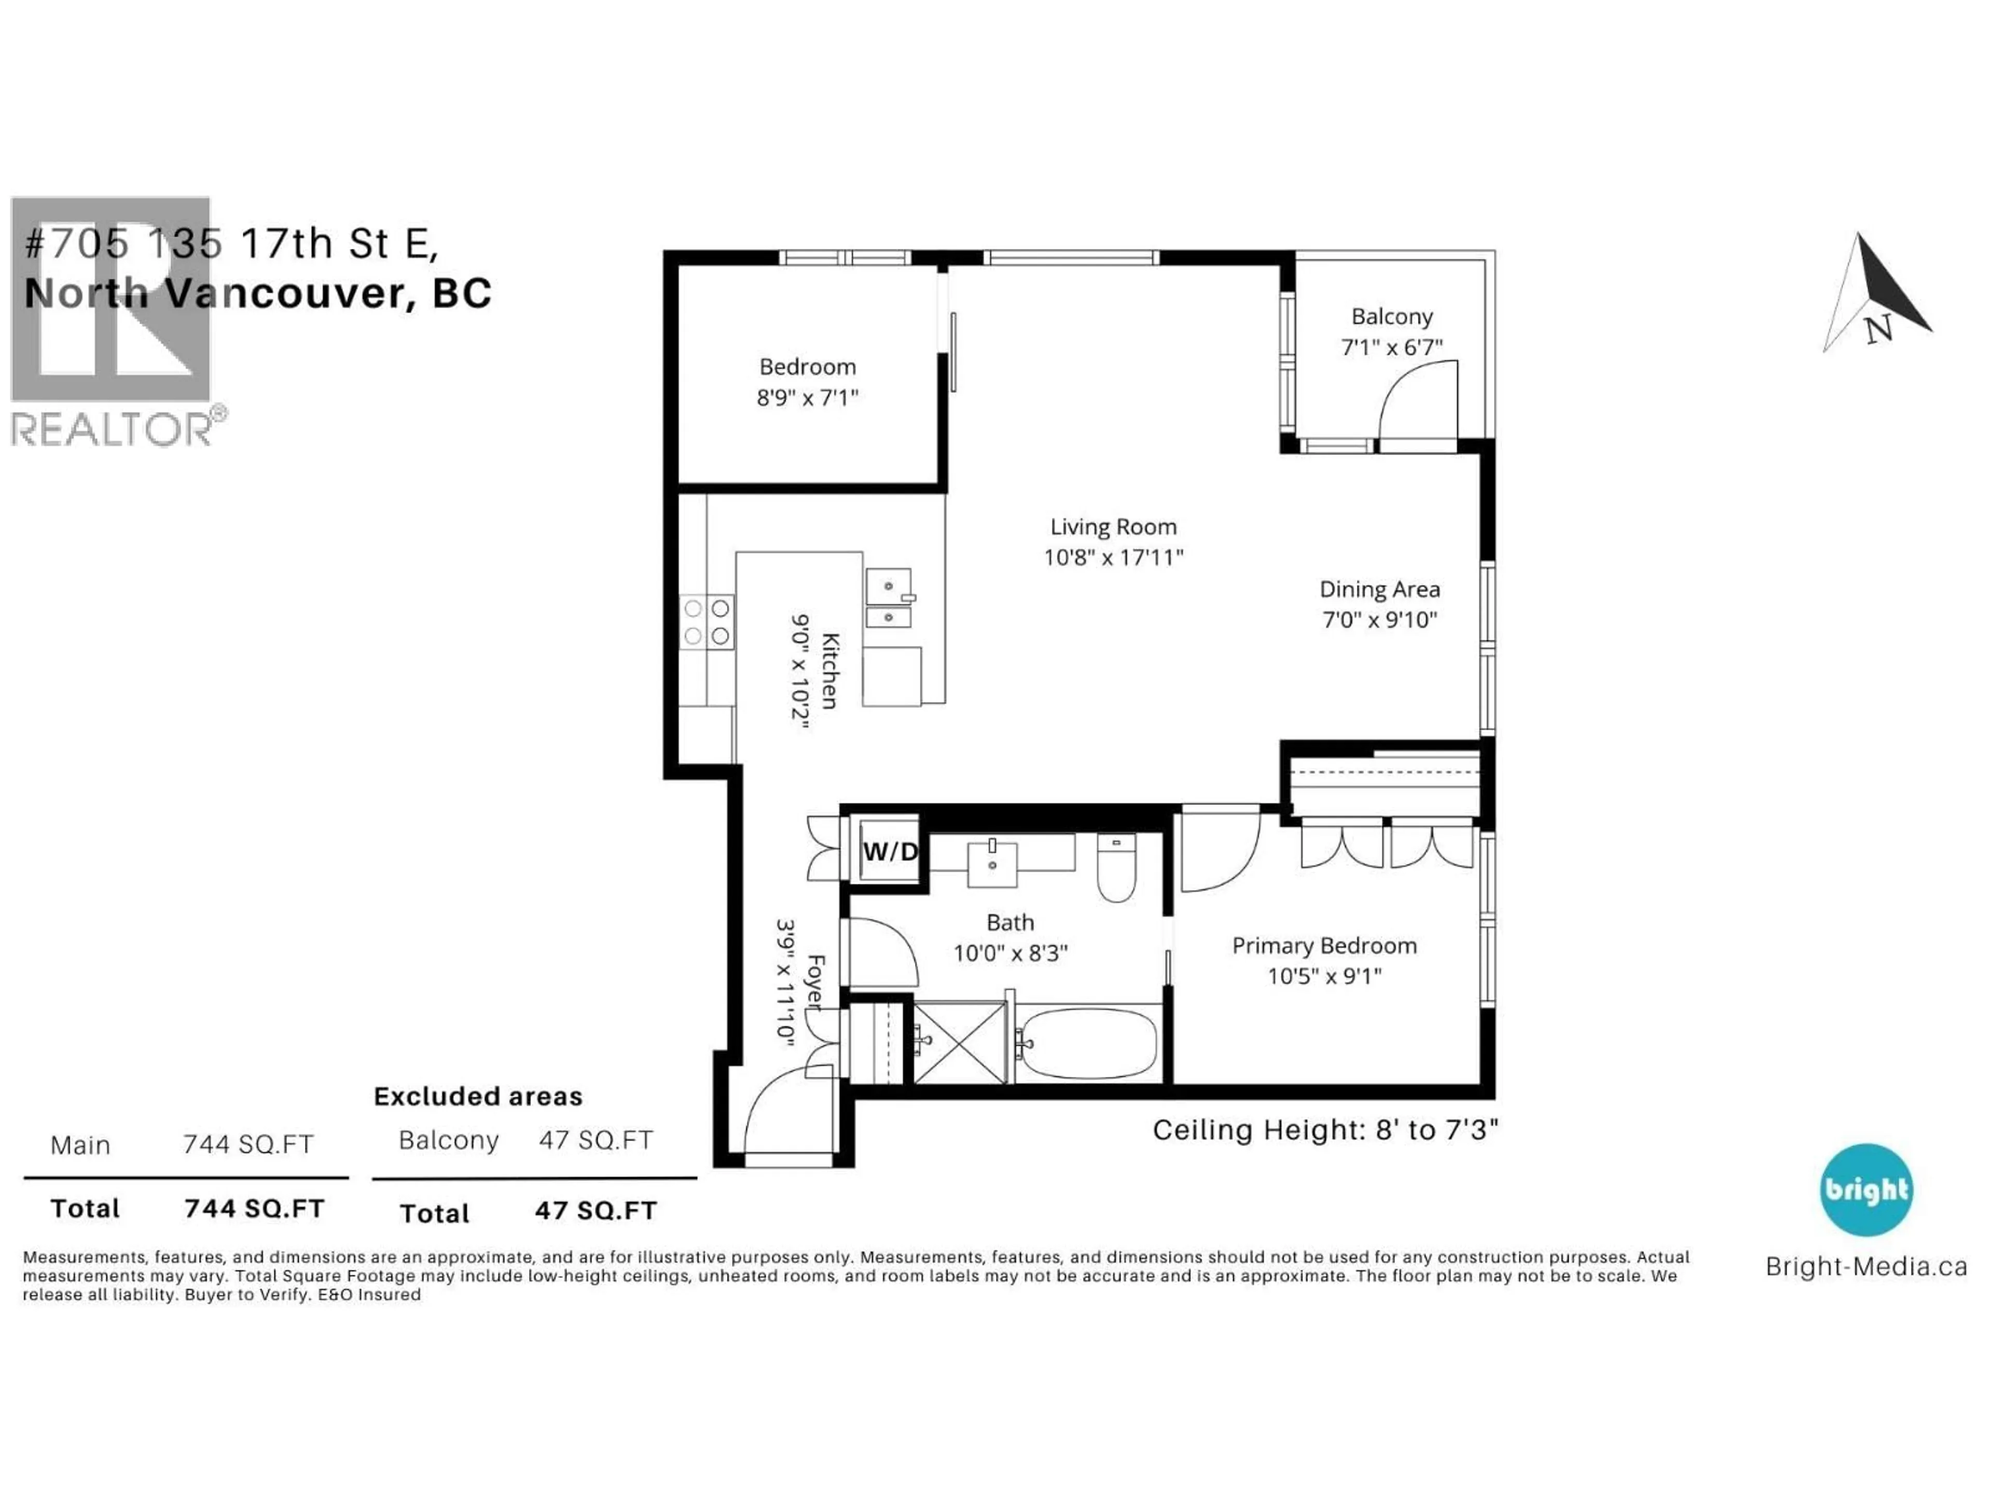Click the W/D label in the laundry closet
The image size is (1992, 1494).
click(x=890, y=851)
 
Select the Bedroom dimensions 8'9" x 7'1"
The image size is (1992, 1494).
click(x=808, y=397)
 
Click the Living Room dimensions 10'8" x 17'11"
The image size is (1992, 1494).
click(x=1113, y=558)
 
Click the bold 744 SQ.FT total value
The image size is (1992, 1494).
click(x=254, y=1209)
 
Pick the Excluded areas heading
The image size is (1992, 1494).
click(x=478, y=1096)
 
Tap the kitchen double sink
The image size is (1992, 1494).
click(x=888, y=598)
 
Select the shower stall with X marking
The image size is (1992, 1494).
click(x=960, y=1043)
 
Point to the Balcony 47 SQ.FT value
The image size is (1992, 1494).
click(x=595, y=1140)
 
